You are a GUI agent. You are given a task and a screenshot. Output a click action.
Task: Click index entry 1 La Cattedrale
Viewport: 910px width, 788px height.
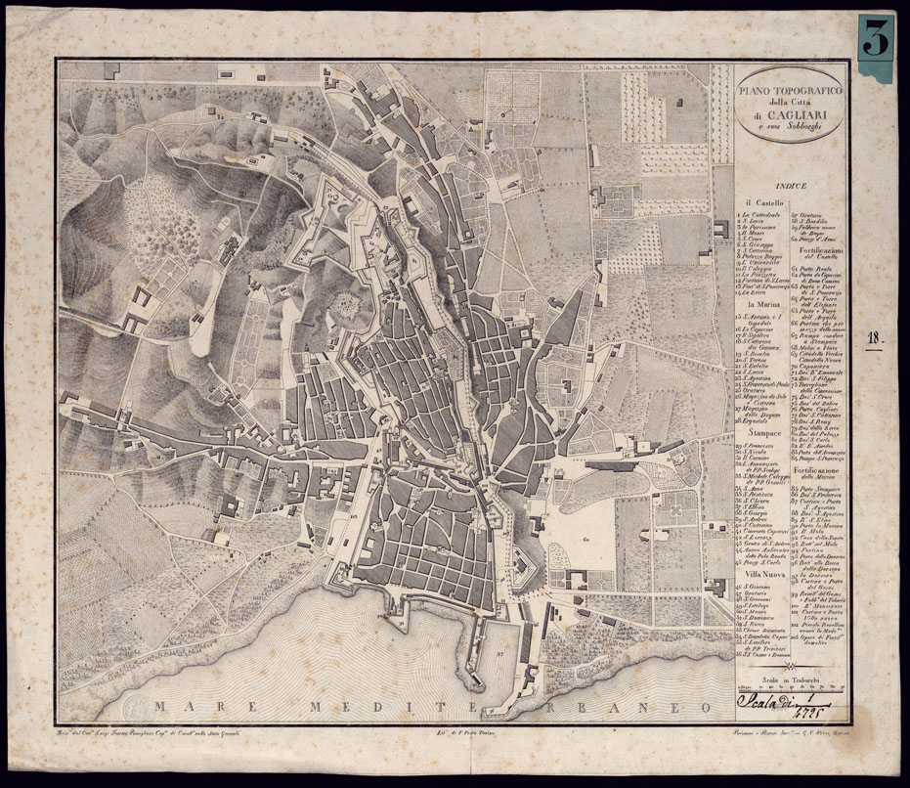(760, 214)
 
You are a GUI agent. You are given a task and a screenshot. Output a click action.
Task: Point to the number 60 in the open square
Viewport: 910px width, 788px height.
(559, 537)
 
